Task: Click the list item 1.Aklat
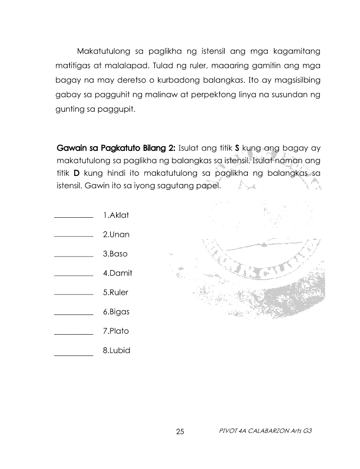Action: pos(116,215)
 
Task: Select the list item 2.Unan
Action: pos(116,234)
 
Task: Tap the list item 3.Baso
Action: pos(115,253)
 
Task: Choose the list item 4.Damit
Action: pos(117,273)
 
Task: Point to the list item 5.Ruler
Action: pos(116,292)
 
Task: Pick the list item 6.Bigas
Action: pos(116,312)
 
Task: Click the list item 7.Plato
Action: pos(116,331)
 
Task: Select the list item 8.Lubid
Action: pos(117,350)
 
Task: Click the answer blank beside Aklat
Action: pos(73,216)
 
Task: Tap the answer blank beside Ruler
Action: pos(73,294)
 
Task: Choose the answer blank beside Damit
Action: pos(73,275)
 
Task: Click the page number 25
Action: pos(180,432)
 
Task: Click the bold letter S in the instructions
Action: pos(237,148)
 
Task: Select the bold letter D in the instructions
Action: pos(76,173)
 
